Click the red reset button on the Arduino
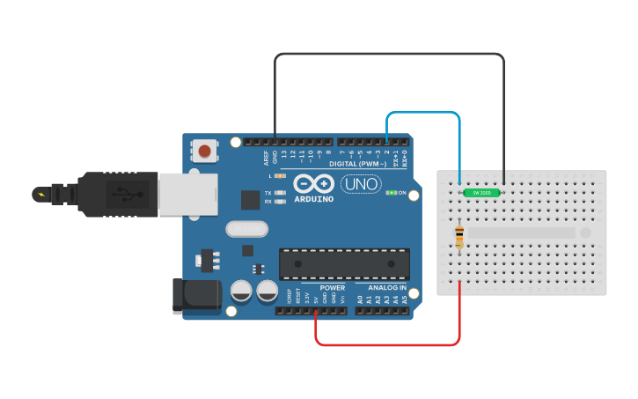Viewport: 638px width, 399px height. pyautogui.click(x=205, y=151)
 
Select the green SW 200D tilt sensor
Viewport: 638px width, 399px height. pyautogui.click(x=481, y=192)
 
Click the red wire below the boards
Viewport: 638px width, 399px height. pyautogui.click(x=387, y=344)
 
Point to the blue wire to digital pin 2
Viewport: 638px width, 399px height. pyautogui.click(x=422, y=114)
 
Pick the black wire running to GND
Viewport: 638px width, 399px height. pyautogui.click(x=387, y=55)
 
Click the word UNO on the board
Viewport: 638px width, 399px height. pyautogui.click(x=361, y=184)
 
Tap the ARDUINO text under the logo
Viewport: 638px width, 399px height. pyautogui.click(x=314, y=199)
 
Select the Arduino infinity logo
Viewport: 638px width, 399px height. pyautogui.click(x=314, y=184)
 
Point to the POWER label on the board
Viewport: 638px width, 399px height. pyautogui.click(x=333, y=288)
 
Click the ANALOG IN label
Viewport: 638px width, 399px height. pyautogui.click(x=387, y=288)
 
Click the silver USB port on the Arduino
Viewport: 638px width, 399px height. pyautogui.click(x=187, y=194)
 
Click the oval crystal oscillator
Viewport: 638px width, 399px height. pyautogui.click(x=246, y=229)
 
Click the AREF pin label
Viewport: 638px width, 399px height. pyautogui.click(x=267, y=158)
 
